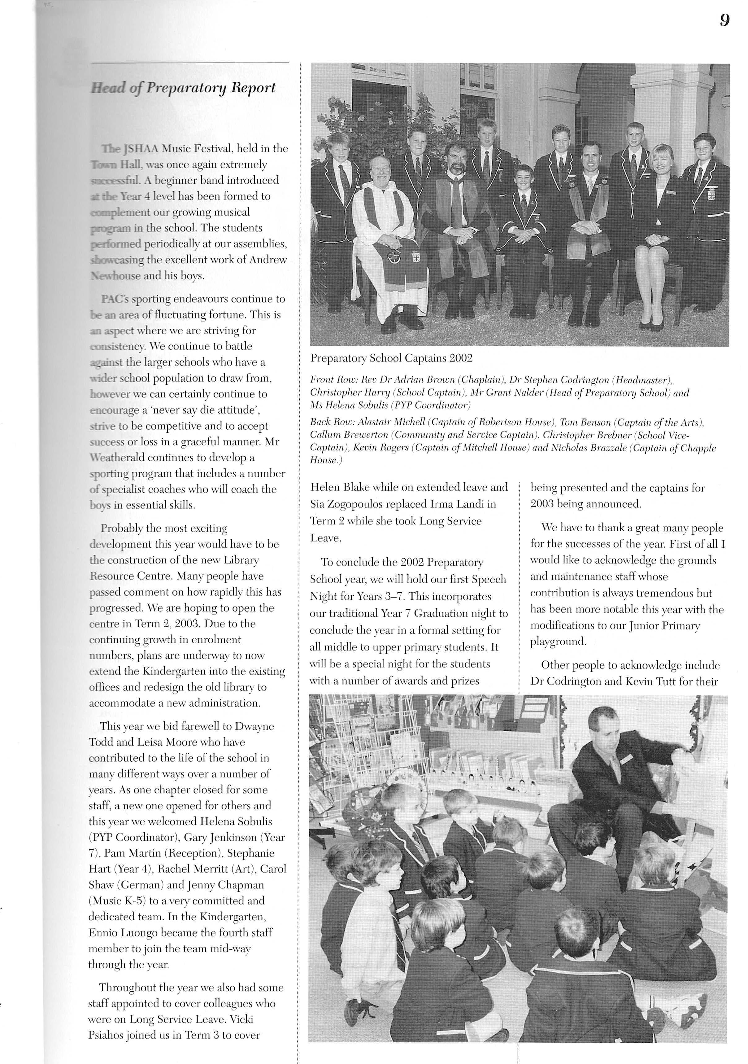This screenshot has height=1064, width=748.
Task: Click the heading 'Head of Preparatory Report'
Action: tap(183, 88)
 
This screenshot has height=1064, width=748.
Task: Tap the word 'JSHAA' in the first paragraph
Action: tap(141, 149)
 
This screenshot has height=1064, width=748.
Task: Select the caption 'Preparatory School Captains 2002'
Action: tap(391, 358)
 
